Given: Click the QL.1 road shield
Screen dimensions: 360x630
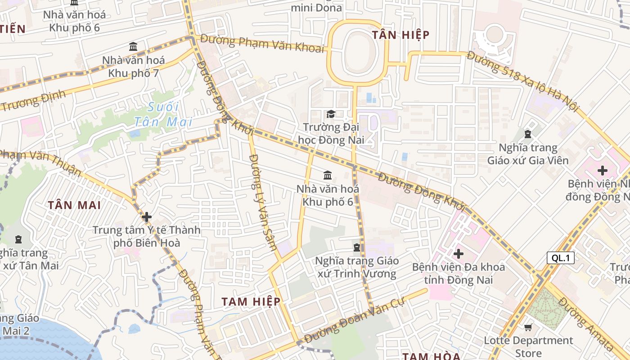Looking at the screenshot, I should click(x=561, y=258).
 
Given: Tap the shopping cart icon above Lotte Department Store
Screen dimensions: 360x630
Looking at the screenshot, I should click(x=528, y=328).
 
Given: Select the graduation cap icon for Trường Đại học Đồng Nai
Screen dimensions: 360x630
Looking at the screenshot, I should click(x=331, y=114).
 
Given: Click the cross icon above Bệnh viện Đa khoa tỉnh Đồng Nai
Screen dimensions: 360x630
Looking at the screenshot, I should click(x=458, y=254).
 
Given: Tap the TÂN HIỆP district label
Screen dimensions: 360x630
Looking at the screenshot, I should click(x=400, y=35).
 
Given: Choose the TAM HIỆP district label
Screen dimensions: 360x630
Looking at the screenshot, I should click(x=251, y=301).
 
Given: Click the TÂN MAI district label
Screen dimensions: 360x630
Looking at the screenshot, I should click(x=74, y=205).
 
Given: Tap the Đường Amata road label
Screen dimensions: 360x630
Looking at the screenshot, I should click(x=586, y=324).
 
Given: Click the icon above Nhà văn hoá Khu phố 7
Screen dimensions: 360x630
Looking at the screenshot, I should click(x=133, y=46).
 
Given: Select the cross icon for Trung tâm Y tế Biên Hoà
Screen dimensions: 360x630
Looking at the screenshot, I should click(x=146, y=217).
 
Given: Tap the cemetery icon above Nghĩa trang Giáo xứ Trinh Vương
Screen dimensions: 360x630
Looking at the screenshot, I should click(x=357, y=247).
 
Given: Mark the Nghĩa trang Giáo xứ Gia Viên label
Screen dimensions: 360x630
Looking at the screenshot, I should click(x=528, y=154).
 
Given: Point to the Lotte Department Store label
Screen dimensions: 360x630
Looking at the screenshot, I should click(x=528, y=346).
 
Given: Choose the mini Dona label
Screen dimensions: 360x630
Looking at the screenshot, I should click(x=316, y=7).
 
